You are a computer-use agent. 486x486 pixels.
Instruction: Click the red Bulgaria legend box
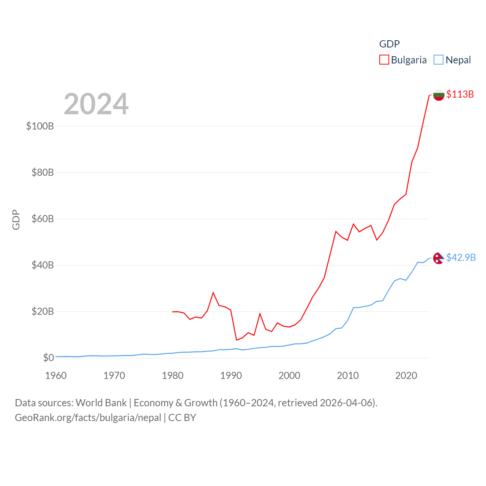(x=384, y=60)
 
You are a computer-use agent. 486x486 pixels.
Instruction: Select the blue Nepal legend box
(x=439, y=60)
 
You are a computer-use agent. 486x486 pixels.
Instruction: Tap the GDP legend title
(x=389, y=44)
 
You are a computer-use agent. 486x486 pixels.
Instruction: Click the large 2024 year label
(x=96, y=104)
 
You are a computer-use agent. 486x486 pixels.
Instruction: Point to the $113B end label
(x=460, y=94)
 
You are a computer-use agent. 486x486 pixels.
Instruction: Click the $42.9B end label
(x=461, y=257)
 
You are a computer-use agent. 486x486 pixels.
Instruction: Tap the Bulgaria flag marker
(x=439, y=95)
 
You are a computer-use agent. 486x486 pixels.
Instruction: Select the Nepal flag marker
(x=439, y=258)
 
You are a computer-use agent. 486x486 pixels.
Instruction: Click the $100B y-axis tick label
(x=40, y=126)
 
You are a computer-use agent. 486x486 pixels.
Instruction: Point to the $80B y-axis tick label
(x=42, y=172)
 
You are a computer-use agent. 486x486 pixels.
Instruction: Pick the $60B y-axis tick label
(x=42, y=219)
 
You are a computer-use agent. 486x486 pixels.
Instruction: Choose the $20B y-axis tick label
(x=42, y=311)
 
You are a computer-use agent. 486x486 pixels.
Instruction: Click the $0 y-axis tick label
(x=48, y=358)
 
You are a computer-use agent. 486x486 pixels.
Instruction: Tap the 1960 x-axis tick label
(x=56, y=376)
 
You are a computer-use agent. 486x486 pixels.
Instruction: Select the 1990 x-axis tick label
(x=231, y=376)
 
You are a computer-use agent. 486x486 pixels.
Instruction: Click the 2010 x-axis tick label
(x=348, y=376)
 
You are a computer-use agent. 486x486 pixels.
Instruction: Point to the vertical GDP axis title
(x=16, y=219)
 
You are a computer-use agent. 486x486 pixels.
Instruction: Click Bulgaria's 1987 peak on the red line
(x=213, y=292)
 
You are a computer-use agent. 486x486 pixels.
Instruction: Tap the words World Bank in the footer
(x=101, y=402)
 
